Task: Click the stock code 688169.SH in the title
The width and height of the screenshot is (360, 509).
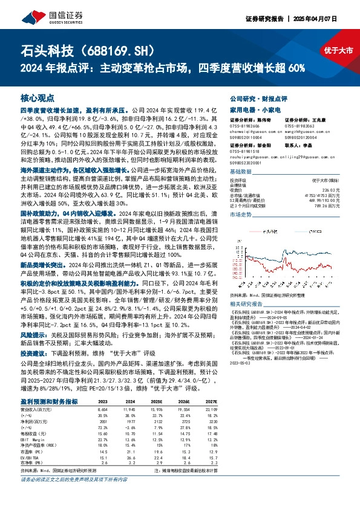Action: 117,50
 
